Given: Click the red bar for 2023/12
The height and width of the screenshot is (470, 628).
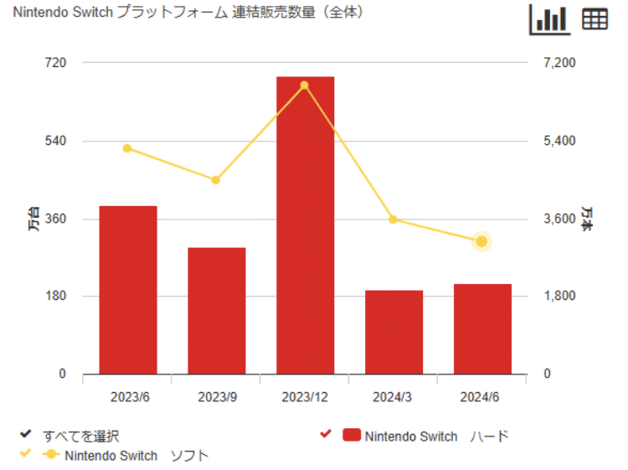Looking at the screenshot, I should [x=305, y=226].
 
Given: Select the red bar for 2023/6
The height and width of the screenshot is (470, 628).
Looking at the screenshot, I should [x=127, y=290].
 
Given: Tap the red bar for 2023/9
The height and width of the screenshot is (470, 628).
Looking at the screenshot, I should [x=216, y=311].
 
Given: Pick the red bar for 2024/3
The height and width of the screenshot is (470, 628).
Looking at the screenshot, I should [x=394, y=332].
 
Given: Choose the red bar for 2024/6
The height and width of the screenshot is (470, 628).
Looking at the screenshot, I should [x=482, y=329].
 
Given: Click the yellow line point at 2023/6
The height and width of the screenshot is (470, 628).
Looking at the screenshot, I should [x=127, y=148].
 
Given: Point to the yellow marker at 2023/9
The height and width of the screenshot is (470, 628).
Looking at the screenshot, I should [x=216, y=180].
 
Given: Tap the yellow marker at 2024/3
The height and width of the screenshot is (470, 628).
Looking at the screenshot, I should [x=394, y=220].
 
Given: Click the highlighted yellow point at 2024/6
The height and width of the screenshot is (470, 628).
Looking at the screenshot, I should [x=481, y=242].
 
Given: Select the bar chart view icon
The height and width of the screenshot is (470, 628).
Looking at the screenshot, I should [x=549, y=19].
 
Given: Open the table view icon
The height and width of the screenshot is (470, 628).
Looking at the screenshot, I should [x=595, y=20].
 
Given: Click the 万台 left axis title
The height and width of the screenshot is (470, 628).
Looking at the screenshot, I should [x=33, y=219].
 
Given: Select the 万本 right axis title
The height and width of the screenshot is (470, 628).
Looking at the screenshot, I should [x=587, y=219].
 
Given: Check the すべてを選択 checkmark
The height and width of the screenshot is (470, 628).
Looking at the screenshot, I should [x=26, y=436].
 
